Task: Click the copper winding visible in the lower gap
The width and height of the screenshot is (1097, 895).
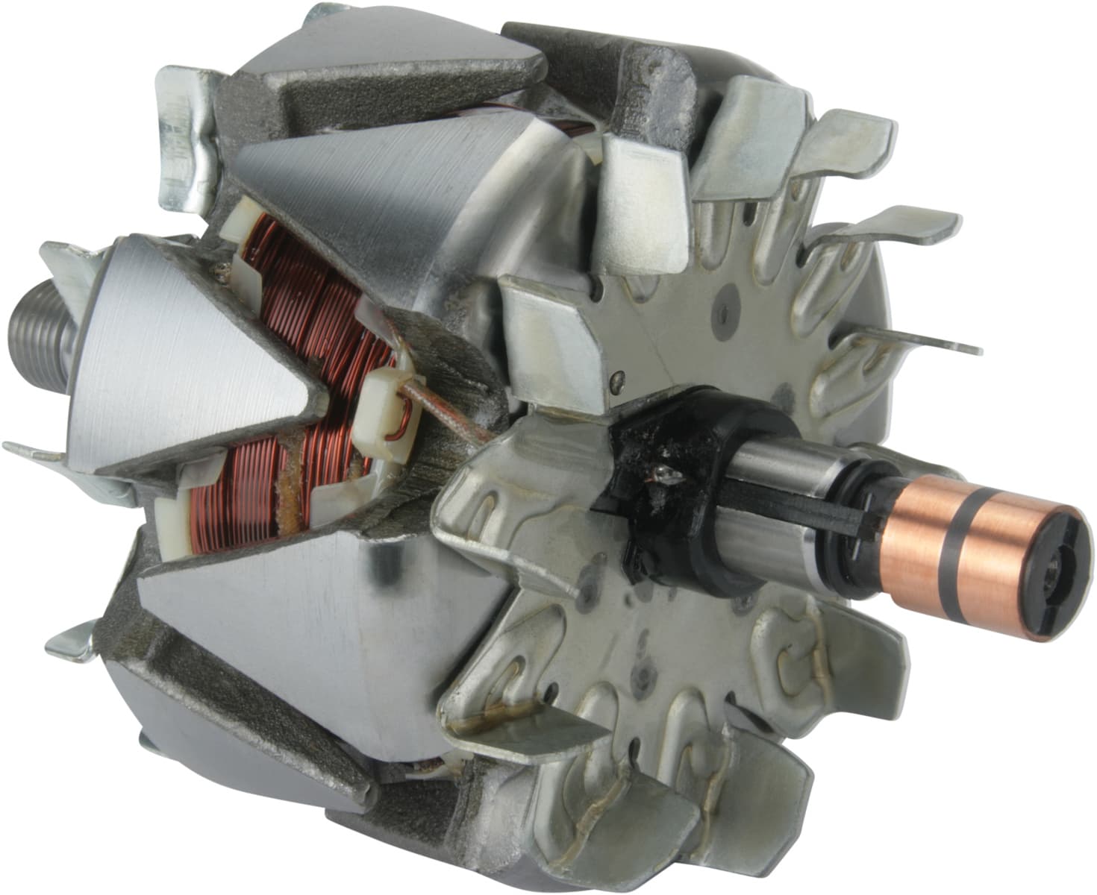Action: coord(239,492)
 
